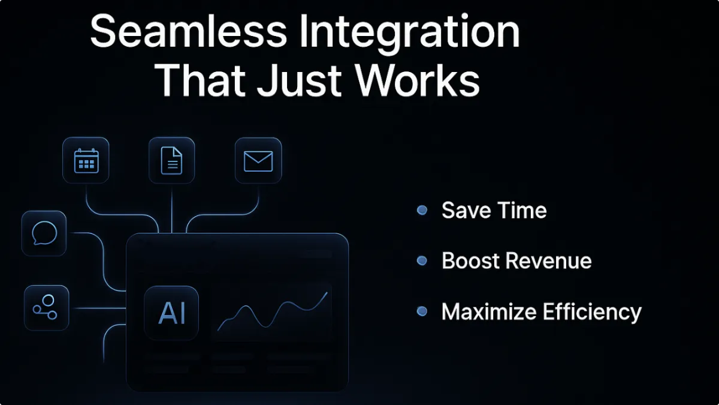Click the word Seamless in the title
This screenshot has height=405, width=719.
[188, 31]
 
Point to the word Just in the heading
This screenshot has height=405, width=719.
[299, 80]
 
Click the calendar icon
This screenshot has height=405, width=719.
[86, 160]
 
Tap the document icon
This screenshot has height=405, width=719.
[171, 161]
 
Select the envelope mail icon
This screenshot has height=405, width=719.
[258, 161]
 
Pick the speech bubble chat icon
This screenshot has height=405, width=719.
[44, 233]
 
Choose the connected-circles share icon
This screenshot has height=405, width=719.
[46, 307]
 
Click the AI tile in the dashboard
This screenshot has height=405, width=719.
[171, 313]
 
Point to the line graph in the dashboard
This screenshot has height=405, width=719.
[273, 311]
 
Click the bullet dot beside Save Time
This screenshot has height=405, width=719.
[422, 210]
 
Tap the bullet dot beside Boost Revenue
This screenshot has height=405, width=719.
[422, 260]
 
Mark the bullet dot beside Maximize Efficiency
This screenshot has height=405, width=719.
[422, 311]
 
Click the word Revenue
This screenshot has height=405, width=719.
[549, 260]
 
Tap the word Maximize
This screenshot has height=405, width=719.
[489, 311]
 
